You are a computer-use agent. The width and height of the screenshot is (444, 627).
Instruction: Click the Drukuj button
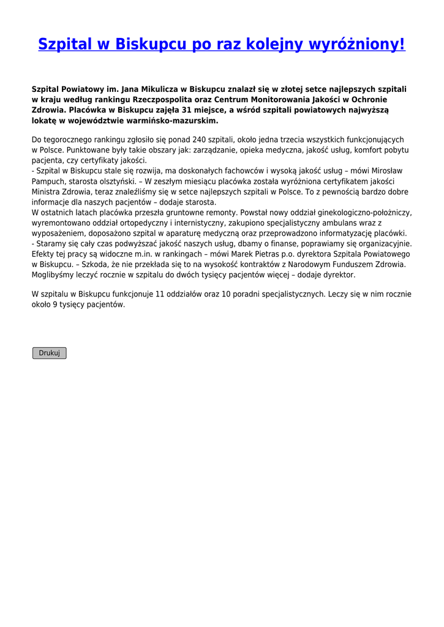49,353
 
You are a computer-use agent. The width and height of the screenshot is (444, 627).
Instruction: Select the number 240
198,140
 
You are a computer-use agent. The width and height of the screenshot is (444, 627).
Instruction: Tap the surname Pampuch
50,181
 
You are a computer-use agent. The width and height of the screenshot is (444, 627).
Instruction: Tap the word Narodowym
308,265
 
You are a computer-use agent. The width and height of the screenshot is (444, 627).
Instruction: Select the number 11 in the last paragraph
160,295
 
